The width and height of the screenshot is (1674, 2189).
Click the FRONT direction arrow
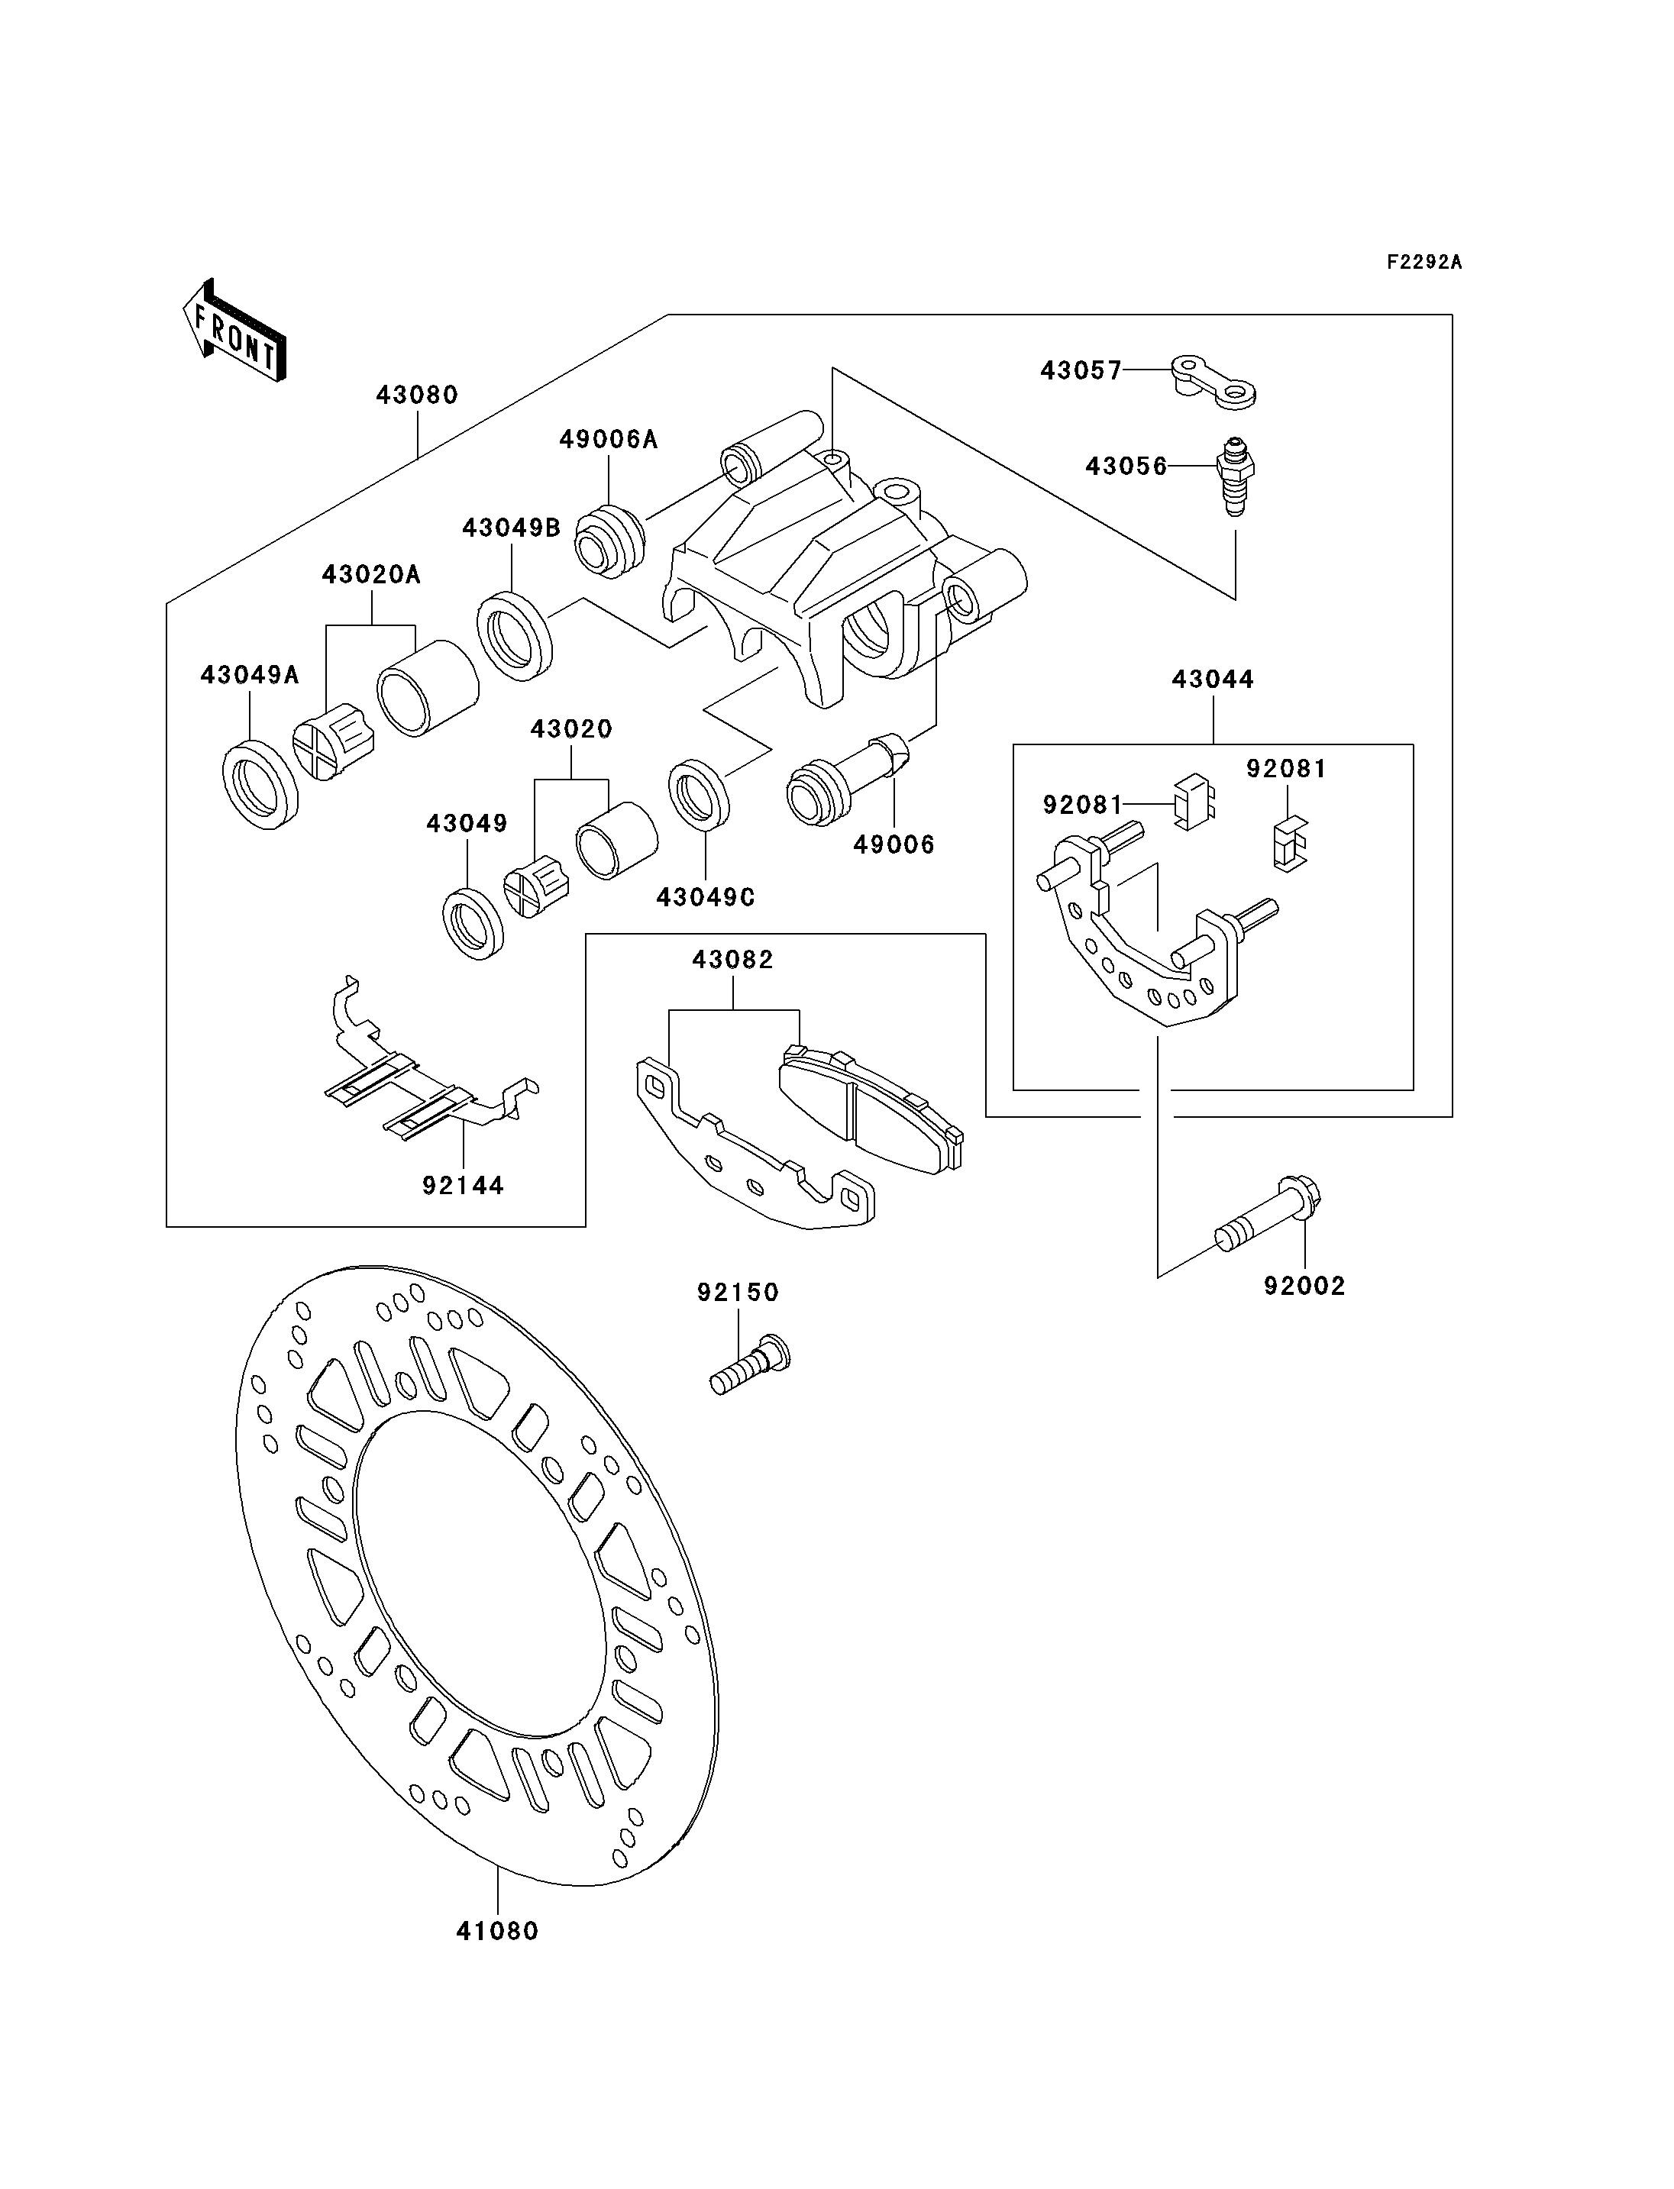click(x=235, y=330)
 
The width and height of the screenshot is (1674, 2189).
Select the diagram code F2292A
click(x=1425, y=262)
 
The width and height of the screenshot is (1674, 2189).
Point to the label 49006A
click(x=609, y=439)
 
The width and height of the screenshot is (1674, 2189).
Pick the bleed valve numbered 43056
click(x=1236, y=476)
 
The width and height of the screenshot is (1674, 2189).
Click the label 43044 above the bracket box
click(x=1213, y=680)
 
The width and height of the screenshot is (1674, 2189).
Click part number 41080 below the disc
click(x=497, y=1931)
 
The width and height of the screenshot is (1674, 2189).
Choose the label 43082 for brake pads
click(x=733, y=960)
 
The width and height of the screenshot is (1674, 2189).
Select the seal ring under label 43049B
click(x=514, y=637)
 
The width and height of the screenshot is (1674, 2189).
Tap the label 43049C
click(x=706, y=898)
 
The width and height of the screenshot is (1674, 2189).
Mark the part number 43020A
click(x=370, y=575)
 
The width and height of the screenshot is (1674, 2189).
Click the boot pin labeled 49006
click(x=848, y=778)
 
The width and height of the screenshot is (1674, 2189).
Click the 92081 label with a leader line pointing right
click(x=1083, y=805)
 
